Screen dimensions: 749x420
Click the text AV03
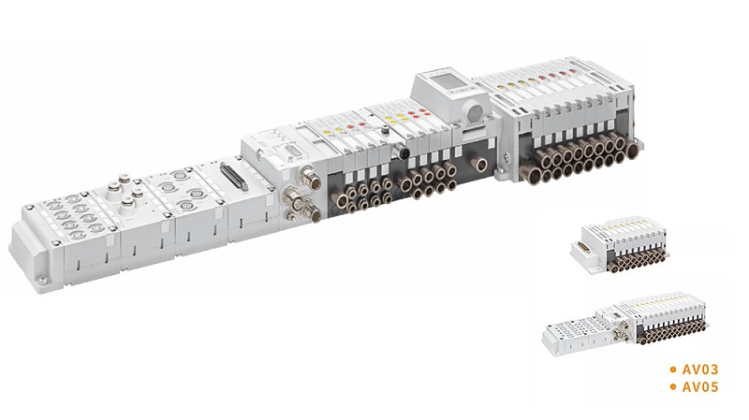(700, 369)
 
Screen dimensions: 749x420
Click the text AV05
(700, 386)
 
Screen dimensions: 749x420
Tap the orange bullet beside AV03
(673, 369)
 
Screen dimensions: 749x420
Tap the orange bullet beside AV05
(673, 386)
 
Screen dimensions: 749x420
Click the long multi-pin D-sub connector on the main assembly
(233, 176)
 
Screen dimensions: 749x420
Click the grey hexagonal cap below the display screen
(476, 112)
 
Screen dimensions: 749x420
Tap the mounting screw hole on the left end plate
(43, 281)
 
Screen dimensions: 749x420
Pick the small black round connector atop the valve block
(399, 152)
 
